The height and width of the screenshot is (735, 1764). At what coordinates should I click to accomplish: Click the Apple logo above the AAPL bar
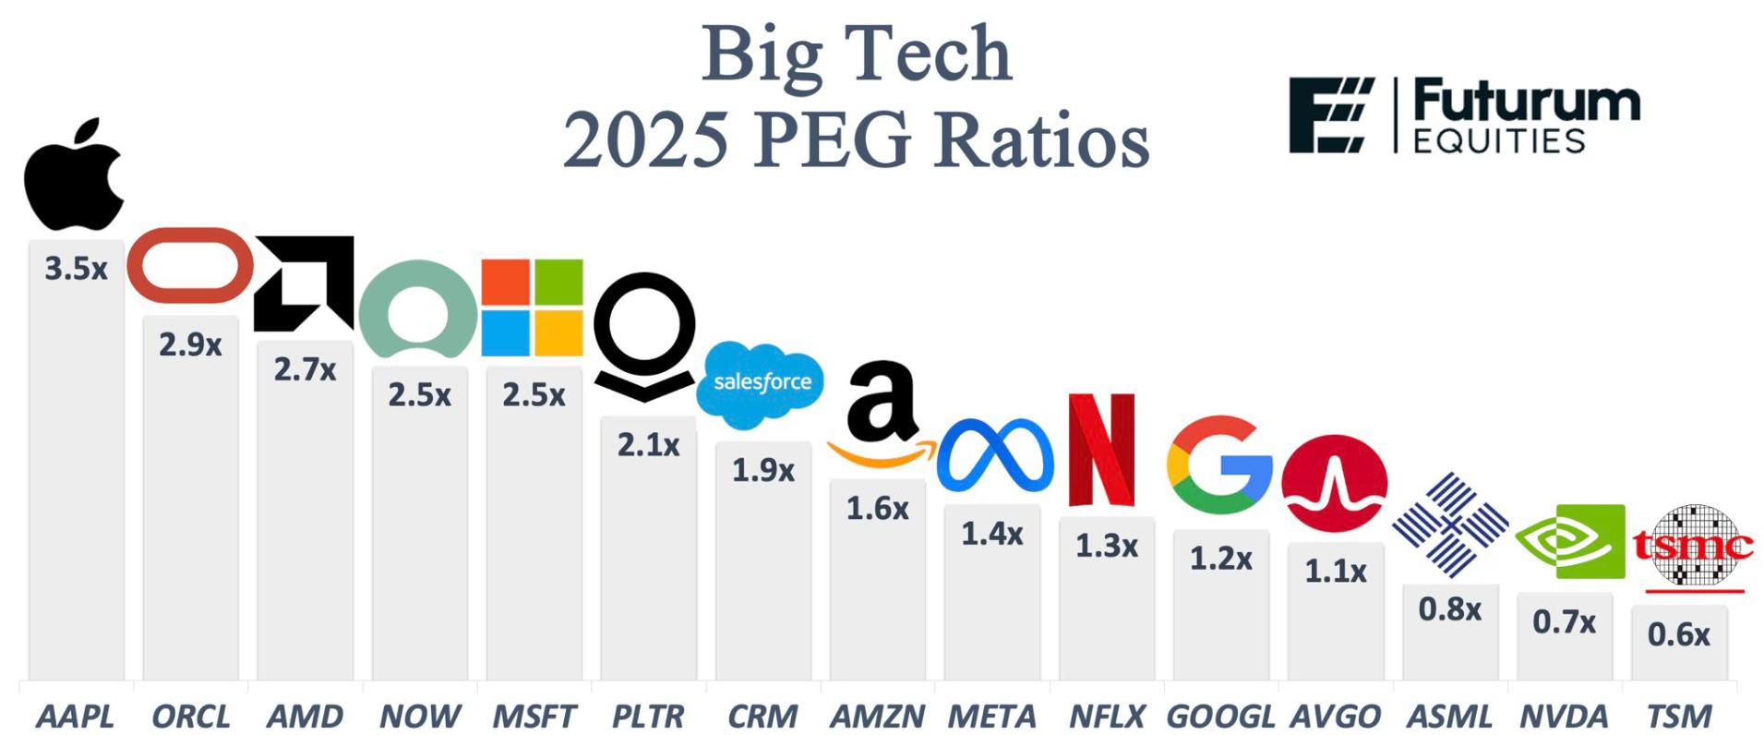click(x=74, y=175)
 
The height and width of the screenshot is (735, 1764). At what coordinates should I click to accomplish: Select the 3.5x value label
click(x=76, y=269)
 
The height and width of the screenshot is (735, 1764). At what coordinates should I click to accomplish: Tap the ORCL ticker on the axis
click(x=190, y=716)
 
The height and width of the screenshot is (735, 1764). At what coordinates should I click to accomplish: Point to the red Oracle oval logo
click(x=190, y=265)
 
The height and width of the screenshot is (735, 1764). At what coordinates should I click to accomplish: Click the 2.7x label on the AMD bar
click(x=305, y=369)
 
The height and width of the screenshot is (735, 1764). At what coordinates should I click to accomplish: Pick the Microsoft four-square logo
click(x=533, y=307)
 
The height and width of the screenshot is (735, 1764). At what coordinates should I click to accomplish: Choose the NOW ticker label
click(x=419, y=716)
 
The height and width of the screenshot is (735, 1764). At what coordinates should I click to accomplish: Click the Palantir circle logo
click(x=643, y=332)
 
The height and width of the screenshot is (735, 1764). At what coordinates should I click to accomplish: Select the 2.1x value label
click(x=648, y=445)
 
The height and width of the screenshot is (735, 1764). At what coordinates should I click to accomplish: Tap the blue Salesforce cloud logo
click(x=761, y=383)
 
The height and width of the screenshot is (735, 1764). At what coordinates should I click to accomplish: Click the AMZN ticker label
click(x=877, y=716)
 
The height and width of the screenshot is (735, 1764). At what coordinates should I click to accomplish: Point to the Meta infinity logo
click(x=994, y=456)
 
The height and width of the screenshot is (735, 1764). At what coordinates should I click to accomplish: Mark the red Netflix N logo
click(x=1101, y=450)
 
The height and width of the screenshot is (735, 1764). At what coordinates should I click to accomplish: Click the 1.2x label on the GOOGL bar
click(x=1220, y=559)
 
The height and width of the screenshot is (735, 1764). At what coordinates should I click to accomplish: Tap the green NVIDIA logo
click(x=1569, y=541)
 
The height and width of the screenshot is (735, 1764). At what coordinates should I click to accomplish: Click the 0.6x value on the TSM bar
click(x=1678, y=634)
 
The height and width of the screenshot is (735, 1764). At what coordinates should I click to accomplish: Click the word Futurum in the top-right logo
click(x=1526, y=102)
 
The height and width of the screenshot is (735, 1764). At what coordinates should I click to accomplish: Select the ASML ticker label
click(x=1449, y=716)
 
